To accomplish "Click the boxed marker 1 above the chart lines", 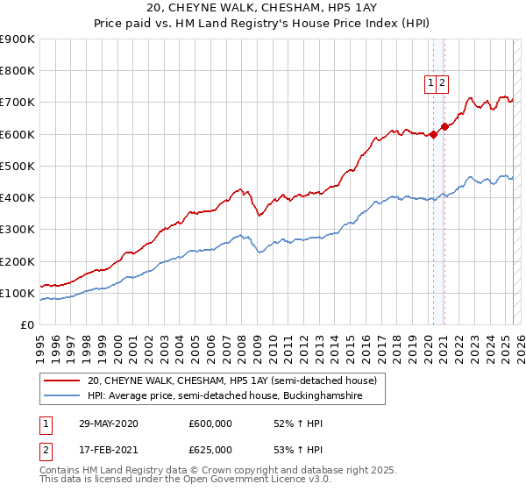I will coord(431,83).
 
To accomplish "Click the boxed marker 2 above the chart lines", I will coord(444,83).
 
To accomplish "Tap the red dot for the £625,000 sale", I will coord(444,126).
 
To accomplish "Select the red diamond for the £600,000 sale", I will coord(433,134).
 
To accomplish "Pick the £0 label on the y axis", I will coord(29,324).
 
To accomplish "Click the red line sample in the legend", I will coord(61,381).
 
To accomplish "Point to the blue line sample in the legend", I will coord(61,396).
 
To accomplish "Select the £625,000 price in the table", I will coord(210,450).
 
